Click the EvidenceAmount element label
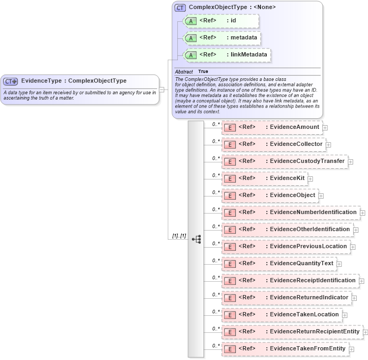pyautogui.click(x=295, y=127)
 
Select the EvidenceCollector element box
pyautogui.click(x=273, y=144)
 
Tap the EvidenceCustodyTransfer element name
pyautogui.click(x=307, y=161)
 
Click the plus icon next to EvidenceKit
pyautogui.click(x=310, y=179)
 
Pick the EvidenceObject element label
pyautogui.click(x=292, y=195)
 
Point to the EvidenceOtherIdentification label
pyautogui.click(x=310, y=230)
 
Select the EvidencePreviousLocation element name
pyautogui.click(x=308, y=247)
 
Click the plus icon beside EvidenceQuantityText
pyautogui.click(x=339, y=264)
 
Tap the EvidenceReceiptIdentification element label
pyautogui.click(x=313, y=281)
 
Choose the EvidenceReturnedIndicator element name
pyautogui.click(x=309, y=298)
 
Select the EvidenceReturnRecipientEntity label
pyautogui.click(x=315, y=332)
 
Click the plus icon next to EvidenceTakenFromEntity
pyautogui.click(x=352, y=349)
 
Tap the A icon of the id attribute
pyautogui.click(x=190, y=21)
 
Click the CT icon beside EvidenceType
pyautogui.click(x=11, y=81)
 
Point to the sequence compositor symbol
pyautogui.click(x=196, y=239)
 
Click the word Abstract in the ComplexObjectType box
pyautogui.click(x=184, y=71)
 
